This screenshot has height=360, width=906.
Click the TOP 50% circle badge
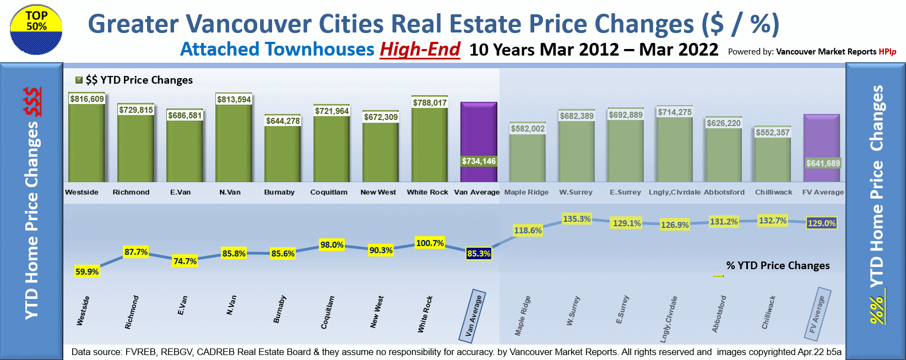[x=36, y=30]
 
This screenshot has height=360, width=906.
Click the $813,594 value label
[x=234, y=100]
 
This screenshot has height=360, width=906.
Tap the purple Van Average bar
[x=479, y=132]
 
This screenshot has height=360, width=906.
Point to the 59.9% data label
[x=87, y=271]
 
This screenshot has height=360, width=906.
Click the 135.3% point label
[x=577, y=219]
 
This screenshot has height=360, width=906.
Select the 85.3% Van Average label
[x=479, y=254]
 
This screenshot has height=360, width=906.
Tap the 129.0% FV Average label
[x=822, y=223]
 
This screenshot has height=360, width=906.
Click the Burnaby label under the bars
[x=279, y=192]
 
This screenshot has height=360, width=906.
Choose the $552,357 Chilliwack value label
[x=773, y=133]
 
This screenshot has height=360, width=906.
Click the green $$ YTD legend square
[x=79, y=80]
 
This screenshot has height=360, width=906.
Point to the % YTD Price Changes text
[x=778, y=265]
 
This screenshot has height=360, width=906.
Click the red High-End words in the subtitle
[x=420, y=50]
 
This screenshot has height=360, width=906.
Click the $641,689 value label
[x=823, y=163]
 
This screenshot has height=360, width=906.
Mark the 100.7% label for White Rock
[x=430, y=243]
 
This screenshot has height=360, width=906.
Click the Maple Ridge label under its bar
[x=527, y=192]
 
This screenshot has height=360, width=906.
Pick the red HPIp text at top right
[x=887, y=52]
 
